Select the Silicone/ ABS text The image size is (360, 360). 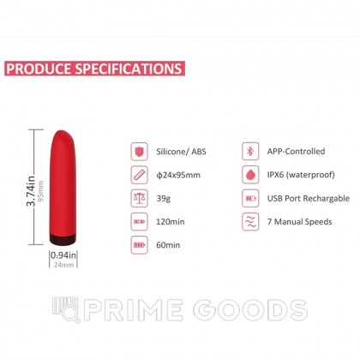pyautogui.click(x=183, y=151)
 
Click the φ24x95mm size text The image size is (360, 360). pyautogui.click(x=182, y=175)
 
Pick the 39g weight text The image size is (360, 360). pyautogui.click(x=167, y=198)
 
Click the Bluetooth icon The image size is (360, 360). pyautogui.click(x=250, y=152)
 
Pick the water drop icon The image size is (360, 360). pyautogui.click(x=250, y=175)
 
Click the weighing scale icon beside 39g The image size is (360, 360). pyautogui.click(x=139, y=198)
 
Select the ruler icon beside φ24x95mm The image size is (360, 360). pyautogui.click(x=139, y=175)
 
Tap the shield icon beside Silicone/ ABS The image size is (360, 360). pyautogui.click(x=139, y=152)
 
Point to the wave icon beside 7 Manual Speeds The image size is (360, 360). pyautogui.click(x=250, y=221)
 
